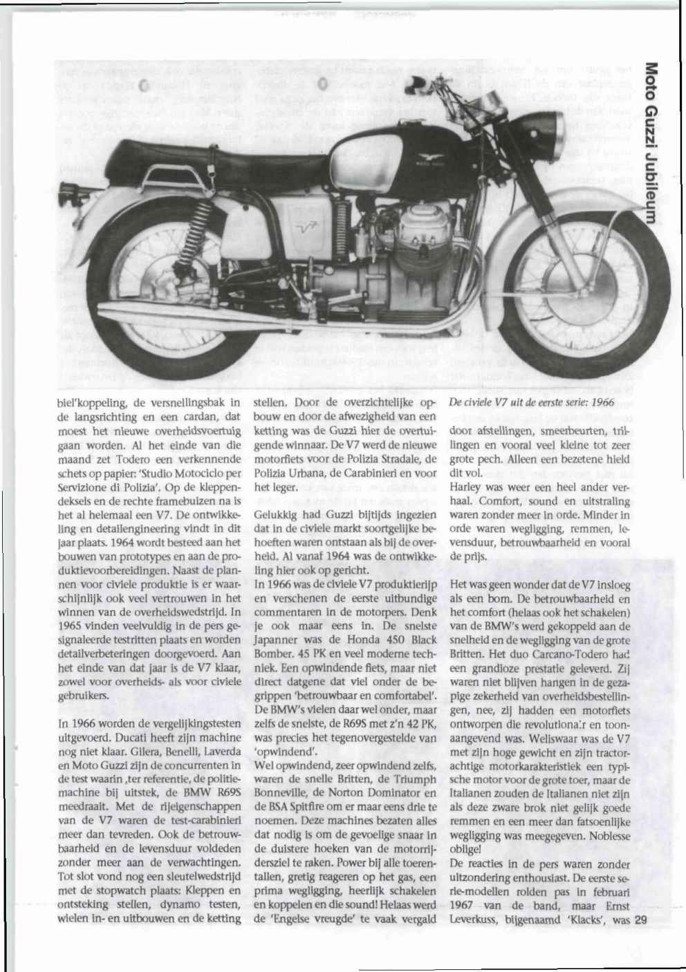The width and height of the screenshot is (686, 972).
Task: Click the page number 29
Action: (638, 920)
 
